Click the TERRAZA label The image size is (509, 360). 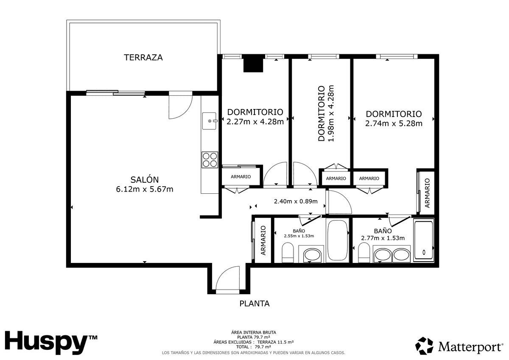point(143,58)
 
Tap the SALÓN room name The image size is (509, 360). point(145,180)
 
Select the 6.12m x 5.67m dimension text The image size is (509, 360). point(145,189)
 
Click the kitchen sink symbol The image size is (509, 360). point(209,121)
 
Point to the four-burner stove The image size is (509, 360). point(210,160)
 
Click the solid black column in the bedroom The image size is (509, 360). point(253,64)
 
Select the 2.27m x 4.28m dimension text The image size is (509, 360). point(255,122)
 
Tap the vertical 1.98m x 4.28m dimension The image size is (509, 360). point(331,113)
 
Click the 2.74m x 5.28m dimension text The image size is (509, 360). point(394,123)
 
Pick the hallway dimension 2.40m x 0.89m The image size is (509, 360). point(296,201)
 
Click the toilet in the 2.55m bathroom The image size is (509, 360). point(288,252)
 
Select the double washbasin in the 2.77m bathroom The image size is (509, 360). point(392,254)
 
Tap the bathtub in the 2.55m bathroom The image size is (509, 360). point(338,240)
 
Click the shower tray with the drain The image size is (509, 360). point(424,240)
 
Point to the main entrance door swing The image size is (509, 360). point(228,278)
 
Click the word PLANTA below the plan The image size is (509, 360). point(255,304)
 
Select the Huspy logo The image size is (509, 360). point(51,343)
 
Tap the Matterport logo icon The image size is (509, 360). point(424,346)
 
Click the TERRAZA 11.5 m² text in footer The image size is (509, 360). point(275,342)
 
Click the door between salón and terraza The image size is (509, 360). point(181,105)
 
